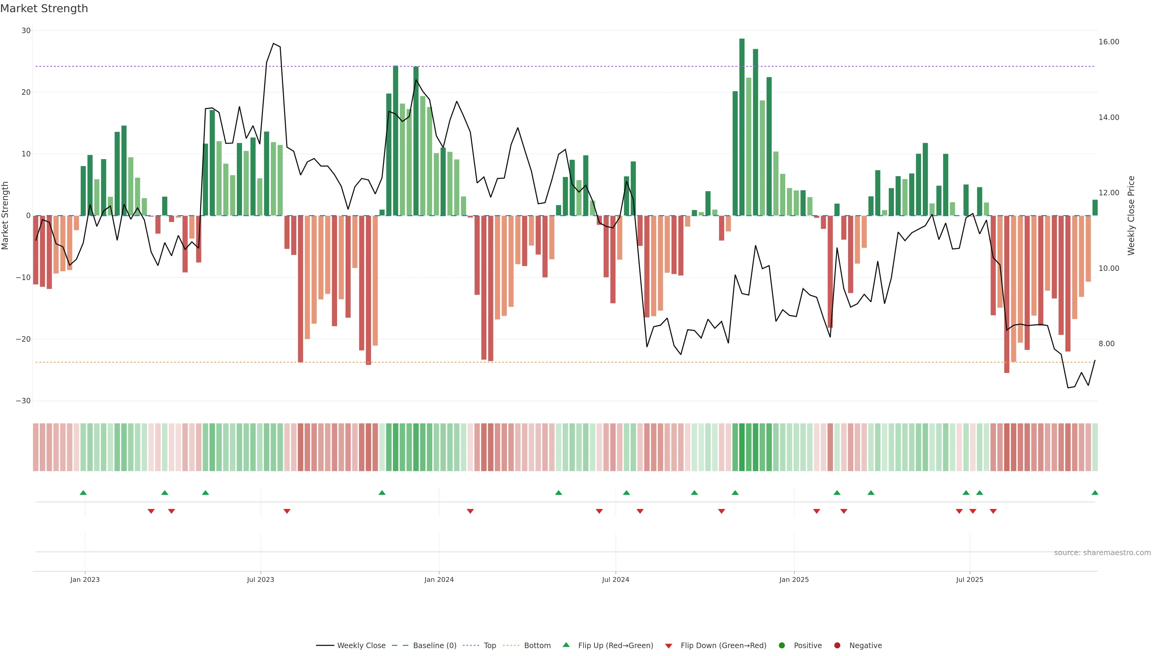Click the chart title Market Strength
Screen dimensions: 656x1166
pos(44,9)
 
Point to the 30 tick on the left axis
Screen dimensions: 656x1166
pos(26,31)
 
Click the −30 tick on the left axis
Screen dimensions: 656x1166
pos(23,401)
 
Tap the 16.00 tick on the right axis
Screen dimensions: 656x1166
pos(1109,42)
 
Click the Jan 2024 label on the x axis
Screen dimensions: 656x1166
pos(438,579)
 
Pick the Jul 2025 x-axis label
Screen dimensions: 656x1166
pos(969,579)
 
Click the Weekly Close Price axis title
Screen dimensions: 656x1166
pos(1131,216)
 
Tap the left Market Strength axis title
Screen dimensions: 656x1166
pos(5,216)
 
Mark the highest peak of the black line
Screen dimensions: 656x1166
pos(273,43)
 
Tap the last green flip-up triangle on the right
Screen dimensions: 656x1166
pos(1094,493)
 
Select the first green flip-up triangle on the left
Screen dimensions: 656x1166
pos(83,493)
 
